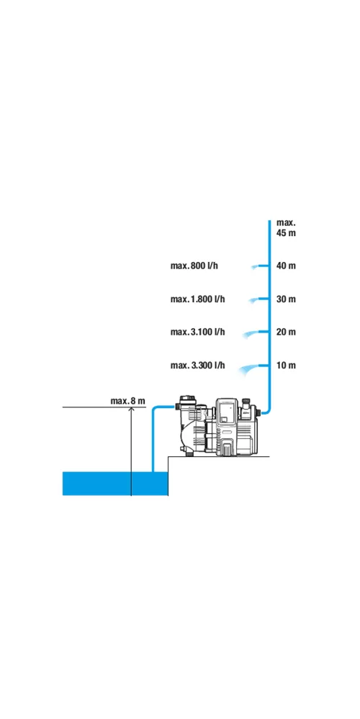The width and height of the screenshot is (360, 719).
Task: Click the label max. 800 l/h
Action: tap(194, 266)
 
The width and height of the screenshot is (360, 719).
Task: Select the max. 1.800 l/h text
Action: tap(198, 299)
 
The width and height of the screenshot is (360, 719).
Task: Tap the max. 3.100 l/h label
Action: tap(198, 332)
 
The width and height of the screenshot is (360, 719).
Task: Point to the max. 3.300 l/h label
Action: tap(198, 366)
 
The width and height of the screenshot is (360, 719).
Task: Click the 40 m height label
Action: tap(286, 266)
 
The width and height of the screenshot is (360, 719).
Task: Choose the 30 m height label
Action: tap(286, 299)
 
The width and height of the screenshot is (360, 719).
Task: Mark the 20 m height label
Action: tap(286, 332)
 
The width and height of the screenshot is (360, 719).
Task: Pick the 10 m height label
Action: tap(286, 366)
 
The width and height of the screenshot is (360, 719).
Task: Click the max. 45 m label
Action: tap(286, 228)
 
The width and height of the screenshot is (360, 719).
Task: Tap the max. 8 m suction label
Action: tap(127, 401)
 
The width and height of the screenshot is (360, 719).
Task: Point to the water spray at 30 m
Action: tap(253, 300)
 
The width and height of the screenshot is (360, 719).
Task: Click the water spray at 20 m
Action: tap(251, 335)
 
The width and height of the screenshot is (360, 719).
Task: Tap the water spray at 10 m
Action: tap(249, 369)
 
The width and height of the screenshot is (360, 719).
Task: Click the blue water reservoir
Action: tap(115, 484)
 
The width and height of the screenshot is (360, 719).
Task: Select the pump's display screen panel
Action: tap(226, 410)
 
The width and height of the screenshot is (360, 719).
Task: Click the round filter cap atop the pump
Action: tap(186, 398)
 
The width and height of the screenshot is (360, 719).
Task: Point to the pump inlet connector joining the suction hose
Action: tap(178, 406)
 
